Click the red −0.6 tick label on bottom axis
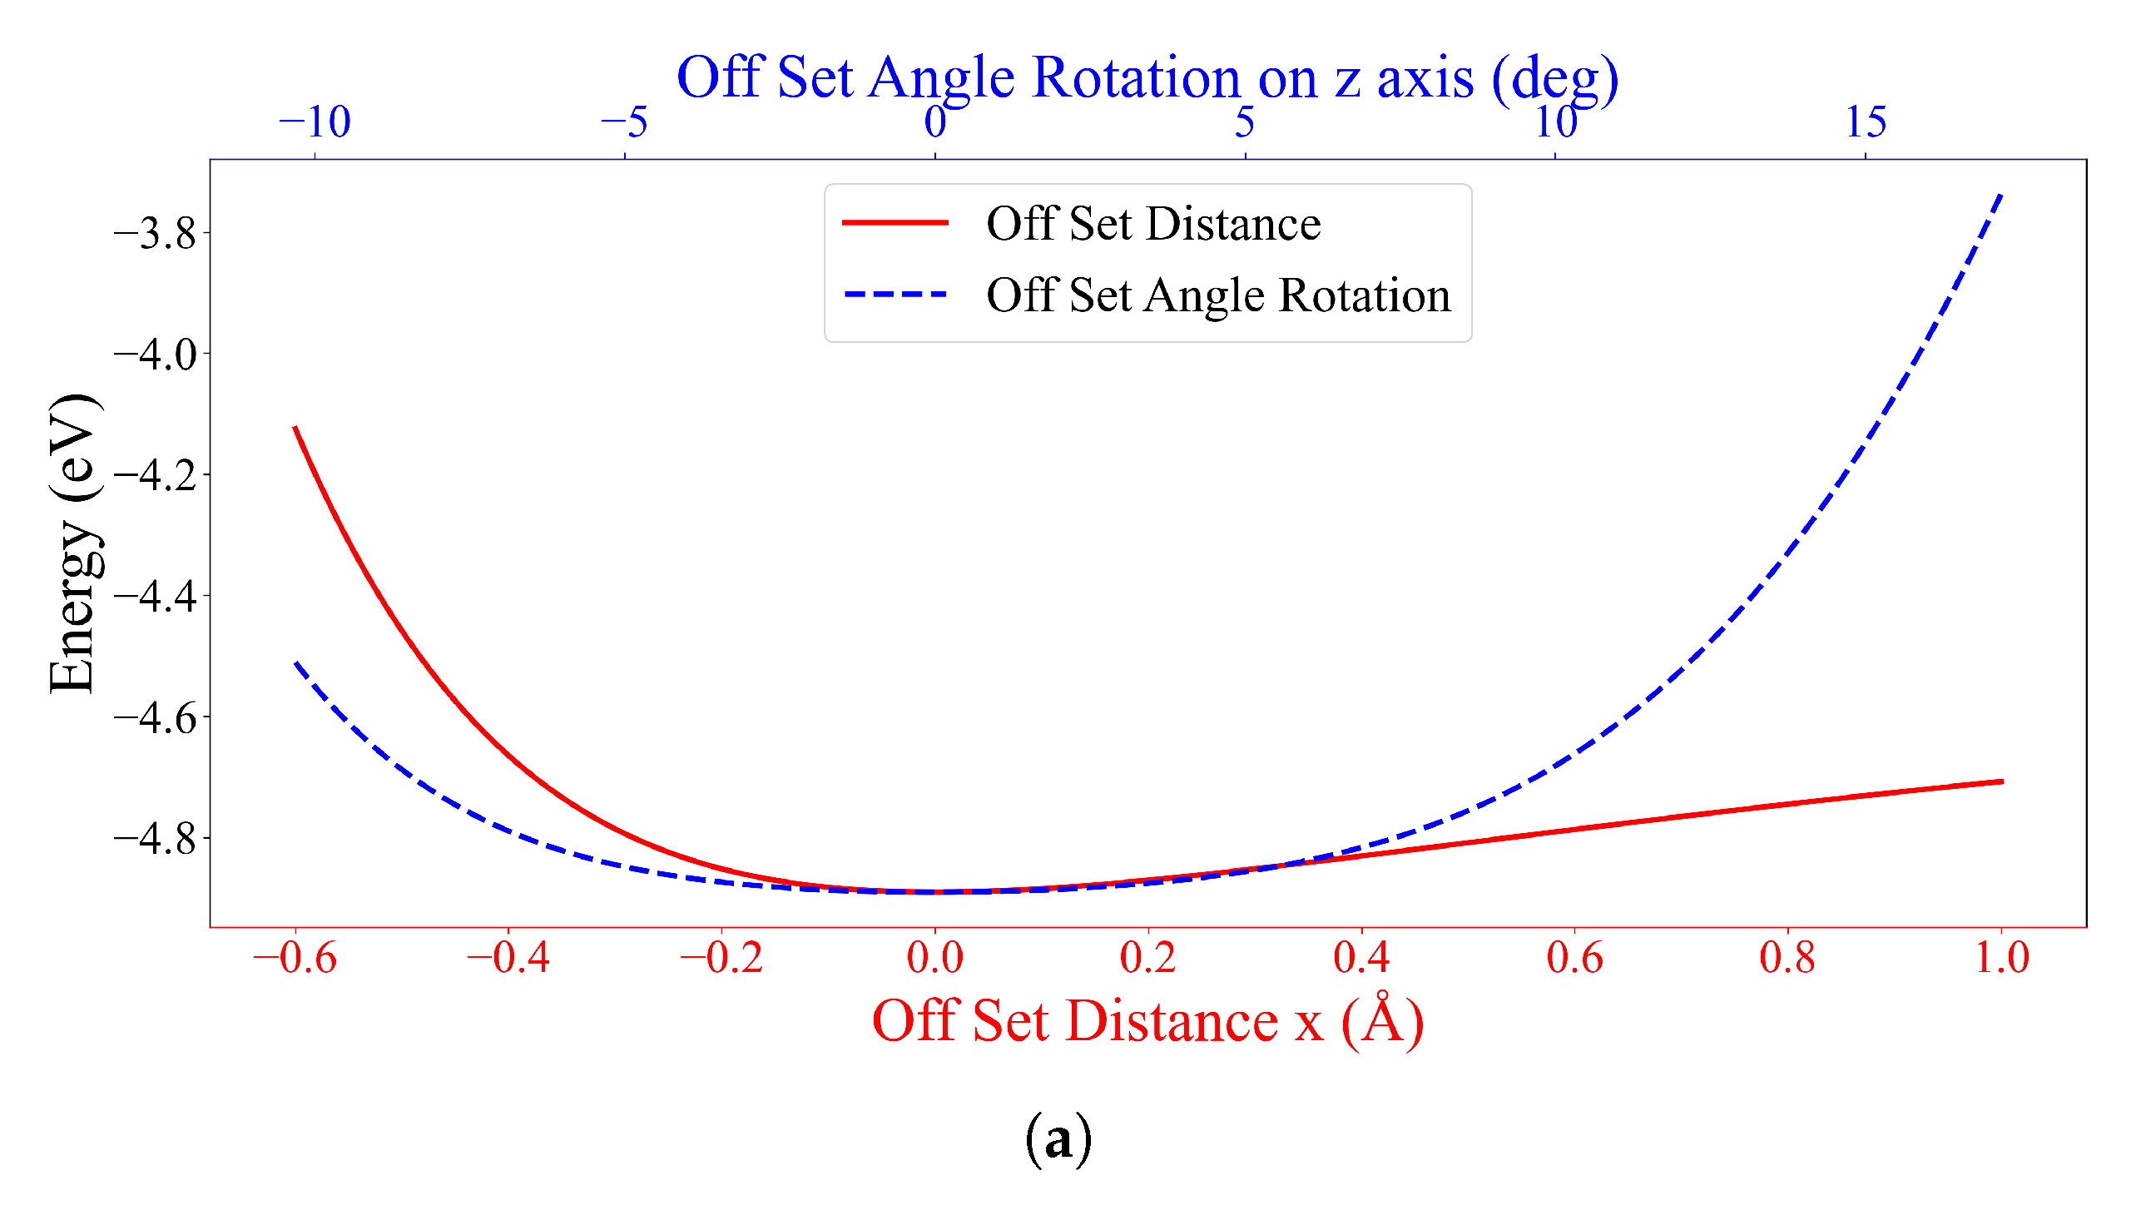click(295, 959)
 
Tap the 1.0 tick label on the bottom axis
click(2001, 959)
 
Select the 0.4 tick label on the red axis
click(1360, 959)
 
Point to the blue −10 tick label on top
click(314, 122)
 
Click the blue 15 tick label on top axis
click(1866, 122)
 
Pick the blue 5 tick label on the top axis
click(1244, 122)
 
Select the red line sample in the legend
click(895, 222)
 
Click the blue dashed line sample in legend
click(895, 294)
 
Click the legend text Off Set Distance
click(1153, 223)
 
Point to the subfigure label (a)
click(1057, 1138)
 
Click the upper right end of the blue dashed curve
click(2000, 195)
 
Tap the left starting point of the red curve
click(295, 428)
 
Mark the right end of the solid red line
click(2001, 781)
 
